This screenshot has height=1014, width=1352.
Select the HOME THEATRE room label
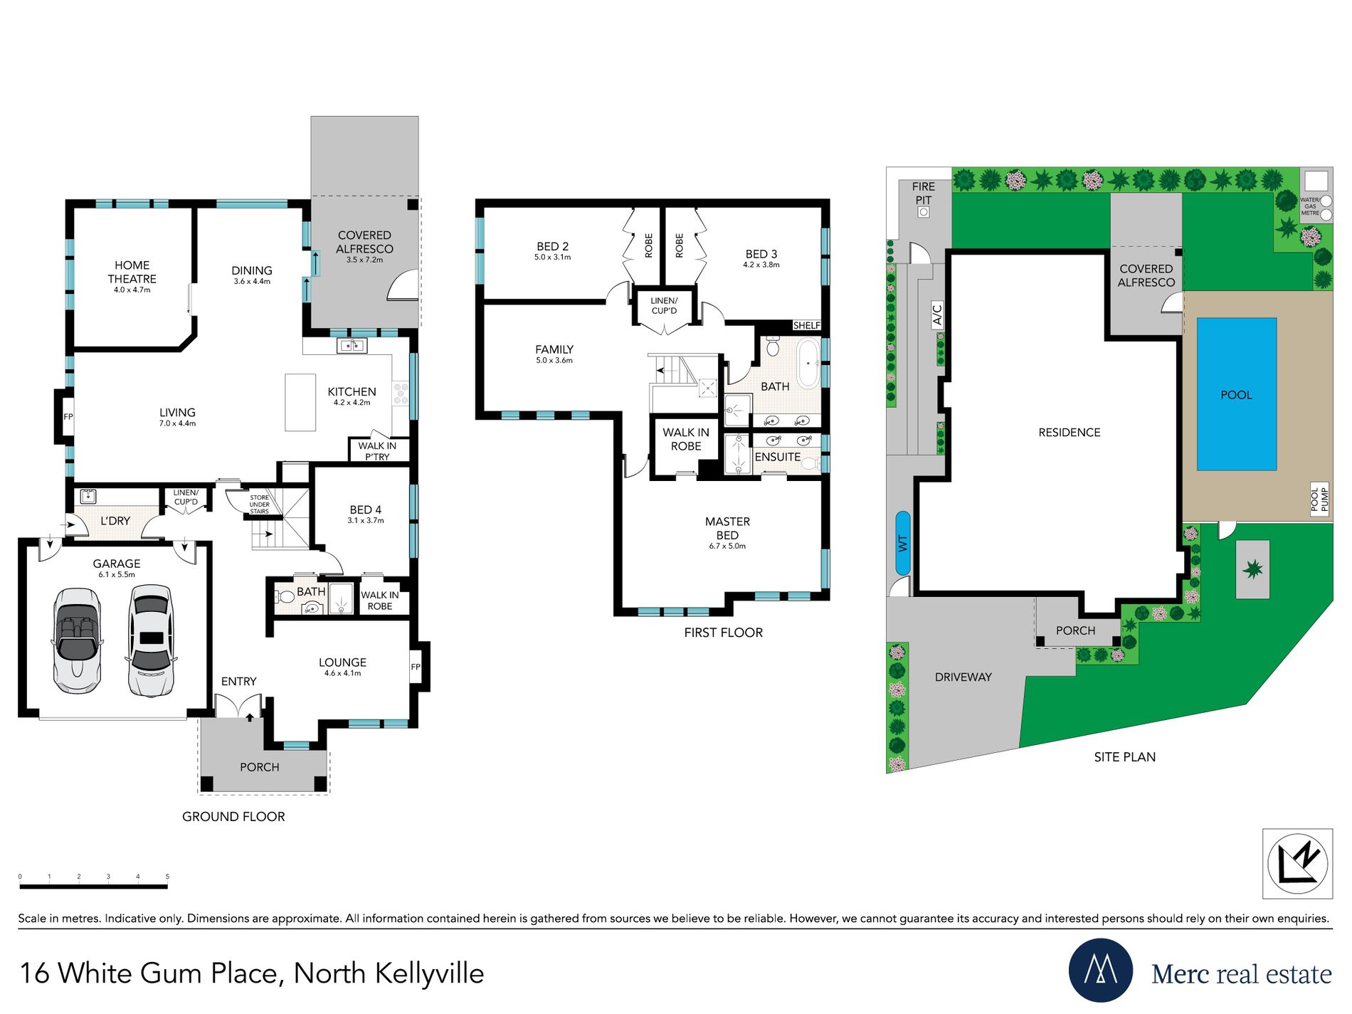(132, 273)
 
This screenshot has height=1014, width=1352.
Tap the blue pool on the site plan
(1236, 395)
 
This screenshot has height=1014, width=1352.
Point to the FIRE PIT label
(923, 193)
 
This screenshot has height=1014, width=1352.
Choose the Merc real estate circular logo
(1100, 971)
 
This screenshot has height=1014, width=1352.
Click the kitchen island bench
(300, 403)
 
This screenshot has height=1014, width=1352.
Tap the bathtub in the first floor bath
(808, 364)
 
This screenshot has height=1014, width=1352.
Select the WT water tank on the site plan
(902, 543)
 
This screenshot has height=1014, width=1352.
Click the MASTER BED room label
(727, 529)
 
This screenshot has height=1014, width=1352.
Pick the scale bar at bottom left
(93, 887)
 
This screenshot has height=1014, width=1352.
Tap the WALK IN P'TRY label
(377, 451)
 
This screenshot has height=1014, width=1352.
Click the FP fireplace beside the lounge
(416, 667)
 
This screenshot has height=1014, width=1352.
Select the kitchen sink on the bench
(352, 346)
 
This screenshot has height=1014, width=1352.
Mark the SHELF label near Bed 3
(806, 325)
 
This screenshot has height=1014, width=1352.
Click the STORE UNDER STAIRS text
(259, 505)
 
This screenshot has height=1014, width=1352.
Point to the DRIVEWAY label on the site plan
(963, 677)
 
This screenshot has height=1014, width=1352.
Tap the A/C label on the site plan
(937, 314)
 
